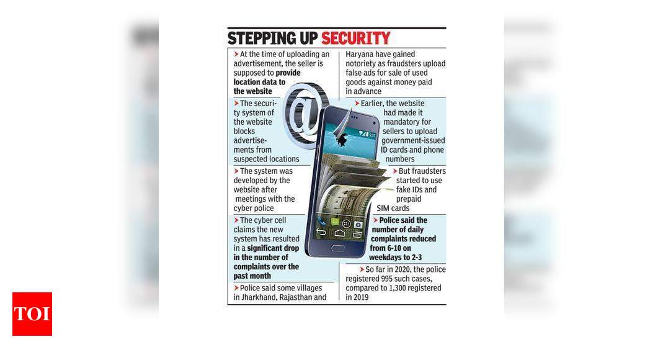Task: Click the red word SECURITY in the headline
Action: click(355, 38)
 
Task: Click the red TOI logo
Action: click(32, 314)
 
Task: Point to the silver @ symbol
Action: click(305, 114)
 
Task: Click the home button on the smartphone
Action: click(338, 248)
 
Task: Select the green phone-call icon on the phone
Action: click(323, 221)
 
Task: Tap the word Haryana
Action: click(361, 55)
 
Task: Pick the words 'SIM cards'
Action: click(393, 208)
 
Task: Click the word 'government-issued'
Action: click(413, 140)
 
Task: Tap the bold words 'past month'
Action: click(252, 276)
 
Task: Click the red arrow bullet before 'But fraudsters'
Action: click(395, 171)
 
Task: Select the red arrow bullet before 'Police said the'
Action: click(375, 220)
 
